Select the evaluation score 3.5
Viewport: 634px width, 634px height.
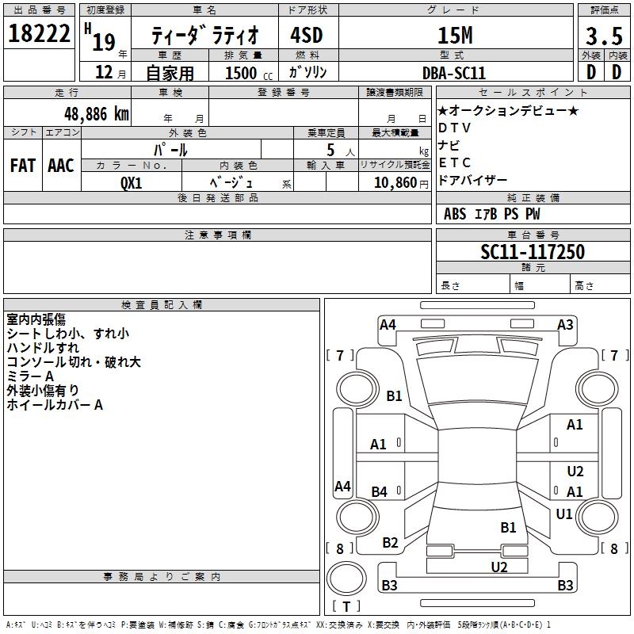pos(603,35)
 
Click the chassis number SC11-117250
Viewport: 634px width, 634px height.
pos(532,252)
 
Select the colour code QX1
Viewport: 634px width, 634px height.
pos(132,182)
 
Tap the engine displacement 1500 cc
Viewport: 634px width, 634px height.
pos(242,73)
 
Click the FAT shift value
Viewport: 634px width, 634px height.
pos(23,165)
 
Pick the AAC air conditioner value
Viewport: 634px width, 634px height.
pos(61,165)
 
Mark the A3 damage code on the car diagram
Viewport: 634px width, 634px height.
pos(565,324)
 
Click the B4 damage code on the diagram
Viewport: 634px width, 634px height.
pos(380,492)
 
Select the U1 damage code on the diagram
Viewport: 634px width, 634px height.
pos(564,514)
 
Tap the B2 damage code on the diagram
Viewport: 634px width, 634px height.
pos(391,543)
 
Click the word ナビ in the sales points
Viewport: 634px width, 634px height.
pos(449,145)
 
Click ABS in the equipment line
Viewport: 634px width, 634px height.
pos(455,213)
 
